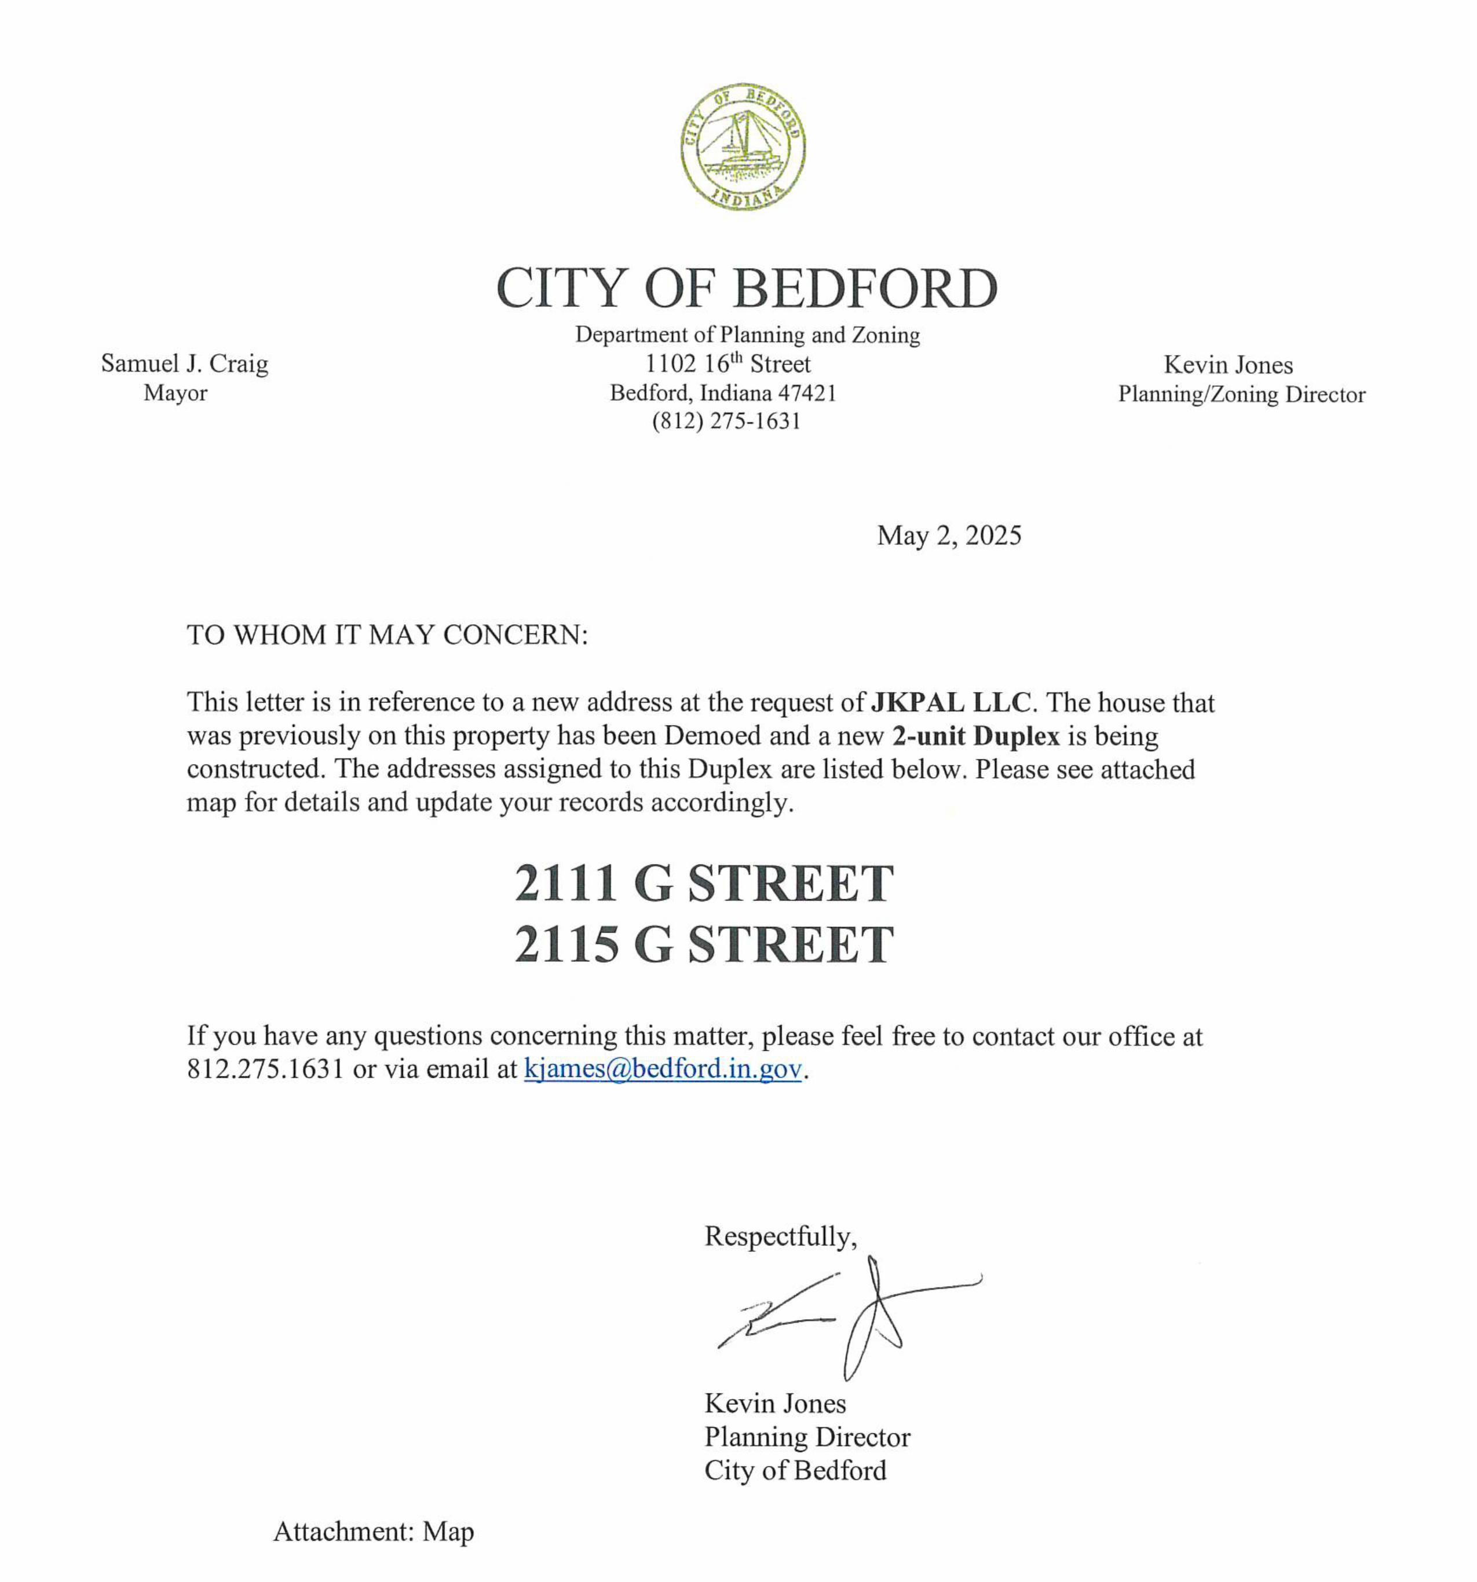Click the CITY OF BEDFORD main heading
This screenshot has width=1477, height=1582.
[747, 287]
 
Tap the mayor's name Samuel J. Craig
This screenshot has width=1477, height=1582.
[185, 364]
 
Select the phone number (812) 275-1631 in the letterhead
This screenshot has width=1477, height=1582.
[726, 421]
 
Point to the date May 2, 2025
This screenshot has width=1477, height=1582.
[949, 536]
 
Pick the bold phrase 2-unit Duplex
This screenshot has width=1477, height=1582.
[975, 735]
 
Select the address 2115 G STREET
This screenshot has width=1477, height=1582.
[704, 944]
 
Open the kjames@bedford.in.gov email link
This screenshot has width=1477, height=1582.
[662, 1069]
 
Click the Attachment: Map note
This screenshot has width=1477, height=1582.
[373, 1531]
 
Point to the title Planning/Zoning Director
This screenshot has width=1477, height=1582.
[1241, 394]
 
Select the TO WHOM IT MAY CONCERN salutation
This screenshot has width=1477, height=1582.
[387, 635]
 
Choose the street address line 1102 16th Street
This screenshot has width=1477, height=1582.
[727, 364]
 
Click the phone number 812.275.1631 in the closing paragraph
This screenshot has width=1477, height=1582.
[265, 1069]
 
